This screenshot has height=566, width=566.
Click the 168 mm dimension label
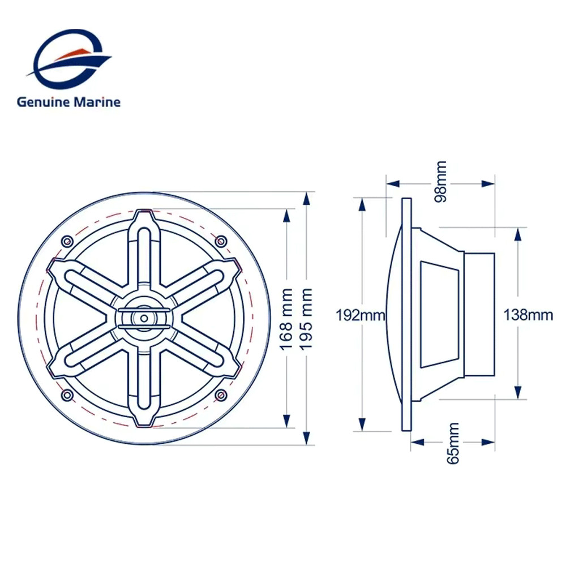[x=286, y=319]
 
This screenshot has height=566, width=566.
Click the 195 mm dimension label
[x=306, y=319]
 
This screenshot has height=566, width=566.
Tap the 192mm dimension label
[x=360, y=315]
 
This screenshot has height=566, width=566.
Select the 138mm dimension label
[x=528, y=315]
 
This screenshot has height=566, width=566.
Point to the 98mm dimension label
[x=440, y=182]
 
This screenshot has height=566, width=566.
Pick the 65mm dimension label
[x=453, y=443]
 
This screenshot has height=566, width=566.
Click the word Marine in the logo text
[x=97, y=102]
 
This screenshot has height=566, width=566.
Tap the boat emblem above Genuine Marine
[x=68, y=59]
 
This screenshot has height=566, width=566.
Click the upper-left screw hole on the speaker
[x=67, y=241]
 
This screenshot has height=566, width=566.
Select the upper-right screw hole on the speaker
[x=221, y=241]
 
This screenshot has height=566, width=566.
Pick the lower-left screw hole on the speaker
[x=67, y=395]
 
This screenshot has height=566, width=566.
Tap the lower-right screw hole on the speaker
[x=221, y=395]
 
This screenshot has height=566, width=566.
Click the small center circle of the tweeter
[x=144, y=318]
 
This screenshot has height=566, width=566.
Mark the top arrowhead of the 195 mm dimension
[x=306, y=199]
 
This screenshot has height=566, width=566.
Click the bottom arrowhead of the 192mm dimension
[x=362, y=424]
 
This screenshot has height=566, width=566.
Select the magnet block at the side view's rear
[x=479, y=314]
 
